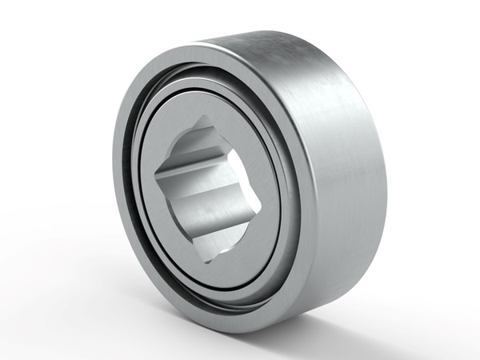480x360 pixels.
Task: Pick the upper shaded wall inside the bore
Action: pos(200,148)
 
